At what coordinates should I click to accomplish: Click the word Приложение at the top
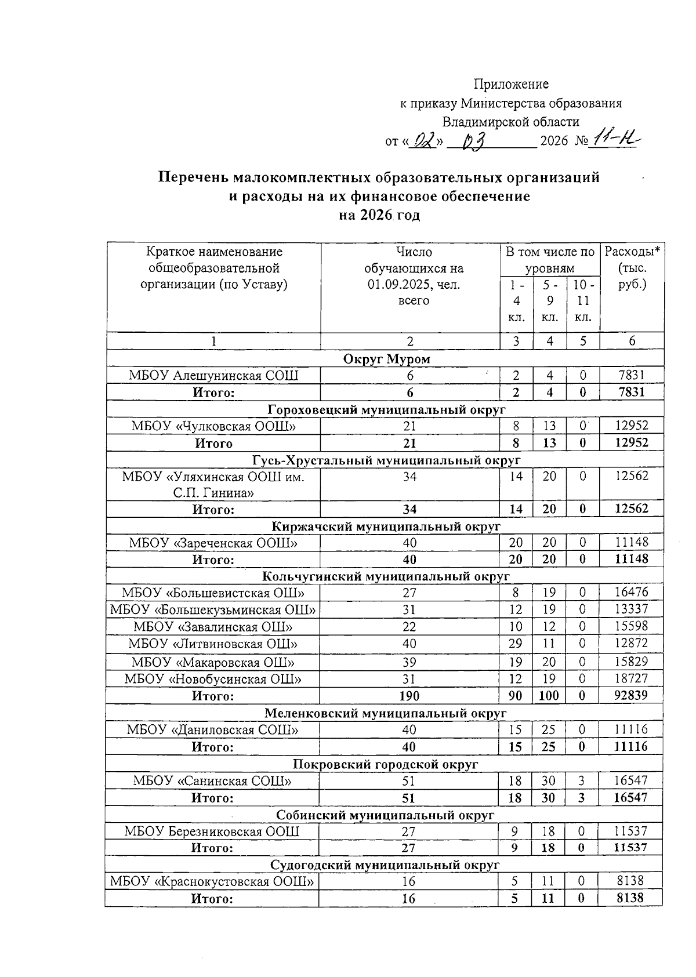pos(511,84)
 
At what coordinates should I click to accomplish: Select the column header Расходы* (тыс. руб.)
pos(632,268)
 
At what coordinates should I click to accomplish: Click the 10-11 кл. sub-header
pos(583,301)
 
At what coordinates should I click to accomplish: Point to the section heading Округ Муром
pos(387,358)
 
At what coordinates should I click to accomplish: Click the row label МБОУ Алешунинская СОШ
pos(213,376)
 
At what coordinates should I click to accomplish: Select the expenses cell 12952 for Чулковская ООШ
pos(632,426)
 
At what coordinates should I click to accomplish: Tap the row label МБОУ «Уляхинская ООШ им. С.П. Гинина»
pos(213,485)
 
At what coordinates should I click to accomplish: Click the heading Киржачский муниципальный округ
pos(386,526)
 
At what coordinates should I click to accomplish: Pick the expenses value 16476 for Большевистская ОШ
pos(631,593)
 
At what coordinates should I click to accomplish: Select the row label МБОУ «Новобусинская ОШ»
pos(213,679)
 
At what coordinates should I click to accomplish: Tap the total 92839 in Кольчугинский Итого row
pos(631,695)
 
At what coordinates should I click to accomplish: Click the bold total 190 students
pos(409,696)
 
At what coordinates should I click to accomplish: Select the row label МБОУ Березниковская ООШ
pos(212,831)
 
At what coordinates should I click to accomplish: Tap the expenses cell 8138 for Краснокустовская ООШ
pos(631,881)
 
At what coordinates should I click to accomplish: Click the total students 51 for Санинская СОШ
pos(409,781)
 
